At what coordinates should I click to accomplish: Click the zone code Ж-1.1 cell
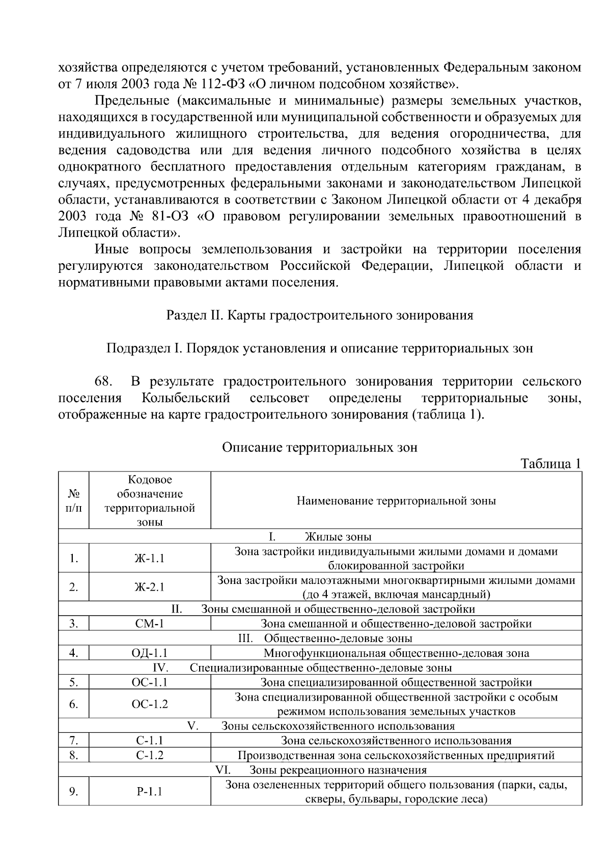point(150,559)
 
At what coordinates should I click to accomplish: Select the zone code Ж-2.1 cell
point(150,587)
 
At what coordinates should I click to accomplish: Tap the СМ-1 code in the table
point(150,624)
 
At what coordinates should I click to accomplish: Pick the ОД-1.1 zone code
point(150,653)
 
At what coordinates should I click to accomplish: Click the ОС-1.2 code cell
point(150,704)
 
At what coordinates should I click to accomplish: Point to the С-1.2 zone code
point(150,755)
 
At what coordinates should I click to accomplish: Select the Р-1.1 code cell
point(150,791)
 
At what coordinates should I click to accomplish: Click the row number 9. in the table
point(74,791)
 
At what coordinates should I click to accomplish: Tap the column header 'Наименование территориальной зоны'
point(396,501)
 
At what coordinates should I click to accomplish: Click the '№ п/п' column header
point(74,501)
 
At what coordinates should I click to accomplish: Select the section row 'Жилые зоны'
point(338,537)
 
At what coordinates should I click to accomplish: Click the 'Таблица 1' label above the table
point(550,464)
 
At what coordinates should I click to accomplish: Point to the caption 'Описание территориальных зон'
point(320,448)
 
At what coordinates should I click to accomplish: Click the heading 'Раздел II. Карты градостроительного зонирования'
point(320,315)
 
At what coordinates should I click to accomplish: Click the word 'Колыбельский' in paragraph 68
point(186,398)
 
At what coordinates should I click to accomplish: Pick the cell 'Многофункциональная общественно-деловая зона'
point(396,653)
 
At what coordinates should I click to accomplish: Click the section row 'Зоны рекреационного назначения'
point(338,770)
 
